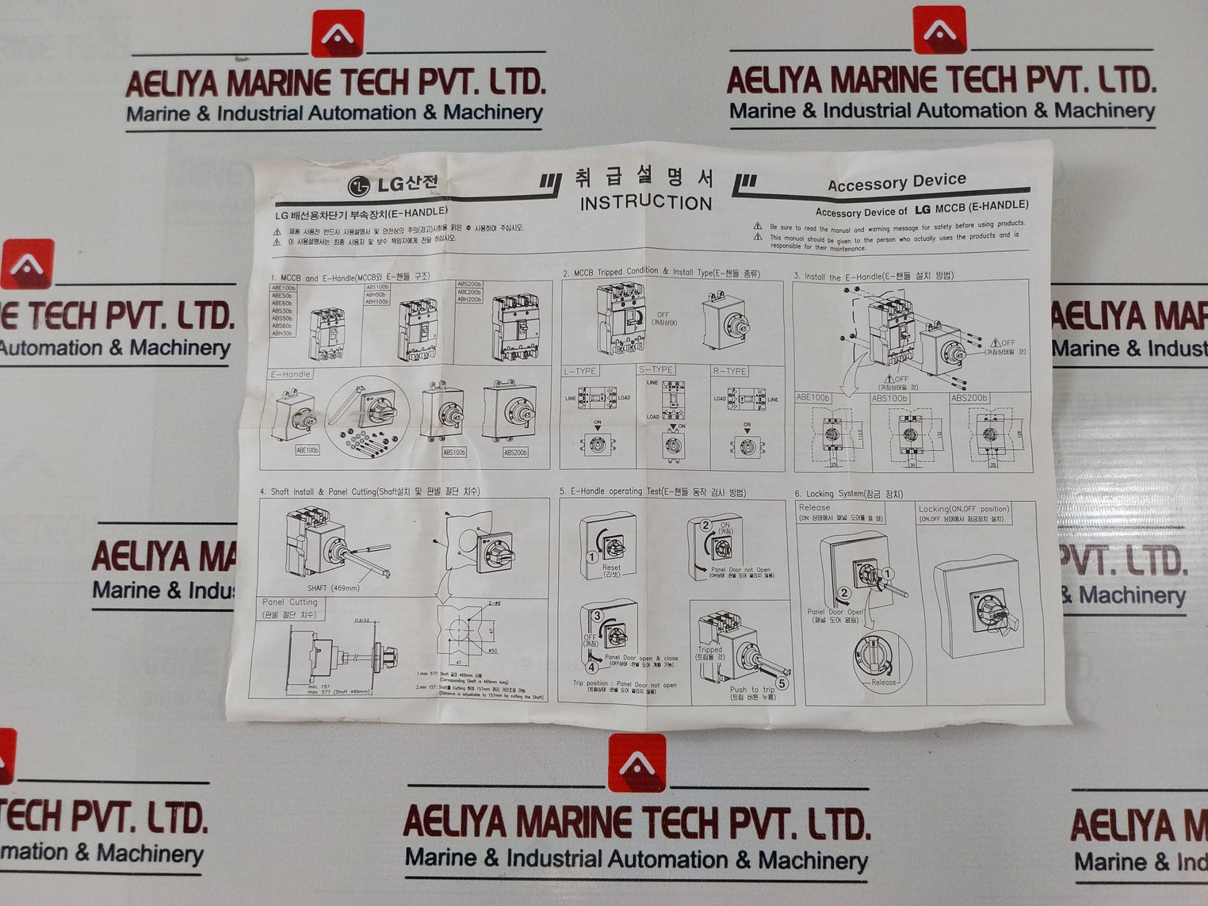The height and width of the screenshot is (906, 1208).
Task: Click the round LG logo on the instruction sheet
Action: tap(359, 186)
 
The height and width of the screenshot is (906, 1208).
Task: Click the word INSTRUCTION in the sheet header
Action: tap(646, 203)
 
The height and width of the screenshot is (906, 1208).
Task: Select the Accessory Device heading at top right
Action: tap(896, 182)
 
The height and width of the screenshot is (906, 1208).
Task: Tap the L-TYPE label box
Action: tap(580, 371)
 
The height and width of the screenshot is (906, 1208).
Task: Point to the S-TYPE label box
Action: tap(656, 369)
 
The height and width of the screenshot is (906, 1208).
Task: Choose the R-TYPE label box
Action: tap(729, 371)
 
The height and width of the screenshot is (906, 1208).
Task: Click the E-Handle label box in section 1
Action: tap(291, 374)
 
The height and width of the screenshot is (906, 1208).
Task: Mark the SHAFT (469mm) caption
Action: tap(333, 588)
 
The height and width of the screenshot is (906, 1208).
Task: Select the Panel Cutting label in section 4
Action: tap(289, 602)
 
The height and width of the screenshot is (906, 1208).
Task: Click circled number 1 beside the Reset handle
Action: tap(591, 557)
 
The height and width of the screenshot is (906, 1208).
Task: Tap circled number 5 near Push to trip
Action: tap(782, 682)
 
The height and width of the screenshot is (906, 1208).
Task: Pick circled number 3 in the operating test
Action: tap(598, 615)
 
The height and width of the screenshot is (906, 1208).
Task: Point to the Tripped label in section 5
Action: tap(710, 650)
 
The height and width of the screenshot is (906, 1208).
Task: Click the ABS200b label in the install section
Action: tap(969, 398)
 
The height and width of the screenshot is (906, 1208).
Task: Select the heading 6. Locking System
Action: tap(848, 494)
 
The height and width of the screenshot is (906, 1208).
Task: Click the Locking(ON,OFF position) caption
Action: tap(964, 509)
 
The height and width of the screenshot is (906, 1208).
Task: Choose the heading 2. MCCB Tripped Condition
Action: tap(661, 273)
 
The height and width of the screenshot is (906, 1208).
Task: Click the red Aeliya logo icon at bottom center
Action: tap(636, 763)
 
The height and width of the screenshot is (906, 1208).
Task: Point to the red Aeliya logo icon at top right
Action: tap(939, 31)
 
